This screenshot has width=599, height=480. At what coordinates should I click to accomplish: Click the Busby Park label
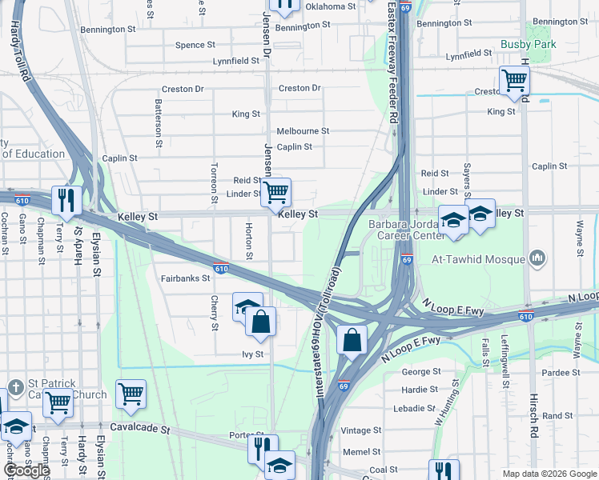pos(528,45)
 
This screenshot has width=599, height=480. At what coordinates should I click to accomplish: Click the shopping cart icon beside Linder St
pos(276,192)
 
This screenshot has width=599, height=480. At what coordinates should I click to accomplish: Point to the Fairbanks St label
pos(185,279)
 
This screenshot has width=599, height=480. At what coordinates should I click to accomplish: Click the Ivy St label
pos(252,354)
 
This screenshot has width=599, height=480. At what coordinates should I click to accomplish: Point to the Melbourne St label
pos(303,131)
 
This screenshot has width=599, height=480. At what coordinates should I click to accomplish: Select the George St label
pos(421,372)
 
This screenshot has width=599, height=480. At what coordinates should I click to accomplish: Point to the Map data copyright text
pos(549,474)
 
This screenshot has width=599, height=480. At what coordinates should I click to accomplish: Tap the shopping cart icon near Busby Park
pos(513,80)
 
